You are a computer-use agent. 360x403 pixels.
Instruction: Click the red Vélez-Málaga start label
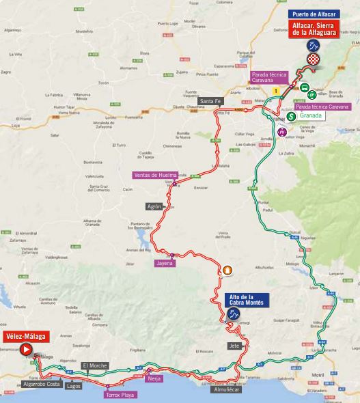click(x=24, y=336)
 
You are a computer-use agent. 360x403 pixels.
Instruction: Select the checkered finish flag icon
click(x=313, y=61)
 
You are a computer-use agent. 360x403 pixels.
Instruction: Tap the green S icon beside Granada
click(x=291, y=117)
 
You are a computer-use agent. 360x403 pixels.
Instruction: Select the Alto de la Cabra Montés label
click(x=247, y=300)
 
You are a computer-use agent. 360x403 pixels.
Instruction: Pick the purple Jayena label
click(x=165, y=263)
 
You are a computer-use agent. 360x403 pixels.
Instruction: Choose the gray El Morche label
click(x=94, y=366)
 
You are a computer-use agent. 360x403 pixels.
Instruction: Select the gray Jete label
click(x=235, y=346)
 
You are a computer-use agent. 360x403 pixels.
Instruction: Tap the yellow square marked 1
click(x=276, y=90)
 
